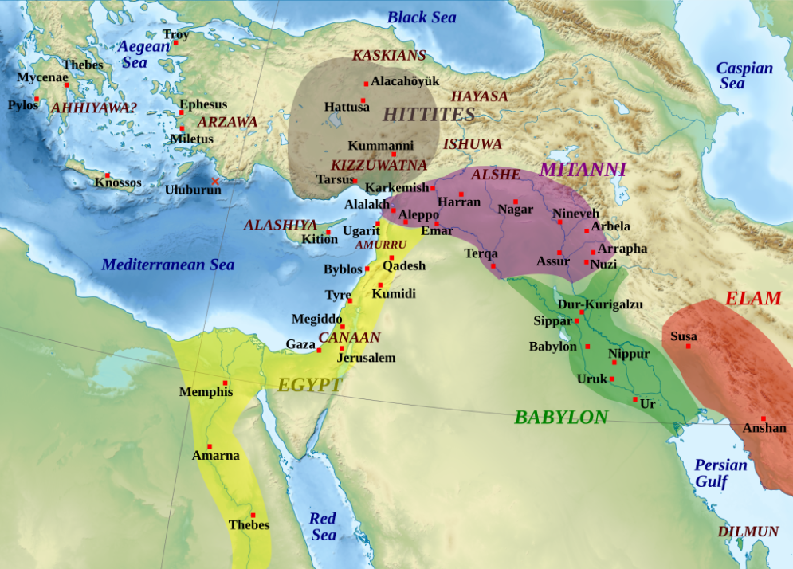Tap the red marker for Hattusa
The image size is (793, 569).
(x=363, y=100)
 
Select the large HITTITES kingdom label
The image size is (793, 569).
(x=429, y=115)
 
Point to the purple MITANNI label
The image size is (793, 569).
(x=583, y=169)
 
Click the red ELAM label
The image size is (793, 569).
(x=753, y=298)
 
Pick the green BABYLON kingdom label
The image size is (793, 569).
(x=561, y=417)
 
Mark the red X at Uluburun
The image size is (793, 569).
(x=214, y=181)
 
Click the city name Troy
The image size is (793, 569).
(x=176, y=34)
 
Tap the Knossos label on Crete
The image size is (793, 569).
(x=118, y=182)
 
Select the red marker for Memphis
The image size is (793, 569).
(x=226, y=383)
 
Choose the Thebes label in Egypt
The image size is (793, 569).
(x=249, y=525)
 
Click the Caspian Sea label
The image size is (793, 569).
(x=744, y=76)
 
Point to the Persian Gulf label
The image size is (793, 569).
(x=720, y=473)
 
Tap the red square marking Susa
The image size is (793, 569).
(x=689, y=346)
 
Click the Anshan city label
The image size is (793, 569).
(x=764, y=429)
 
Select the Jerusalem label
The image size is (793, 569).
(x=366, y=358)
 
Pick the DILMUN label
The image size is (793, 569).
(x=748, y=532)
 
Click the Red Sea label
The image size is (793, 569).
(x=323, y=527)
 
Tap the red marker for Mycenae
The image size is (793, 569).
(x=67, y=84)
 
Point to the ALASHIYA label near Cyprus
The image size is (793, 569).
(x=281, y=226)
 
